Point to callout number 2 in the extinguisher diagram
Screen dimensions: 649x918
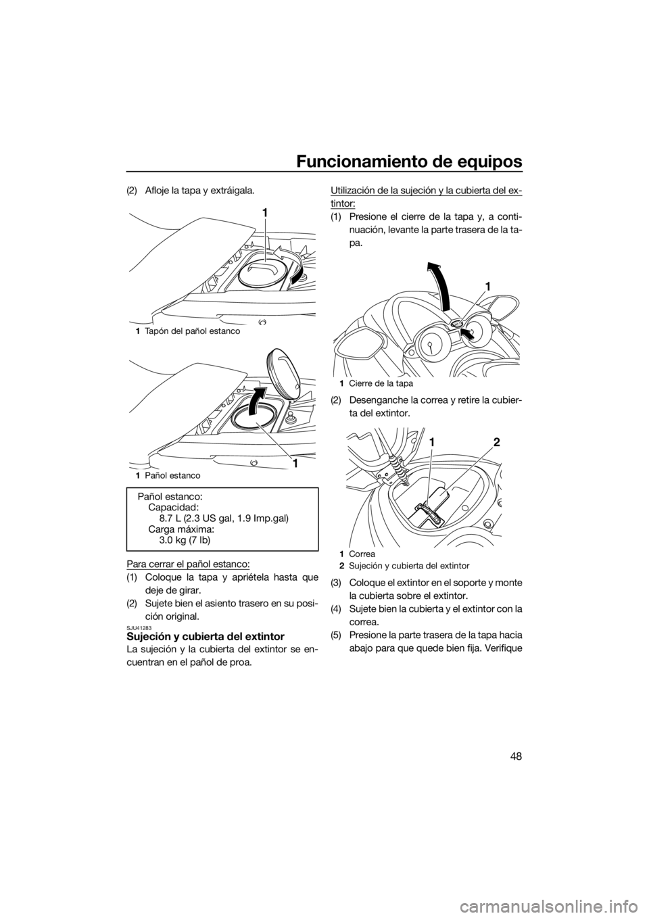(x=497, y=442)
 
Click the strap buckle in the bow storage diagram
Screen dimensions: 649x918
(x=427, y=514)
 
